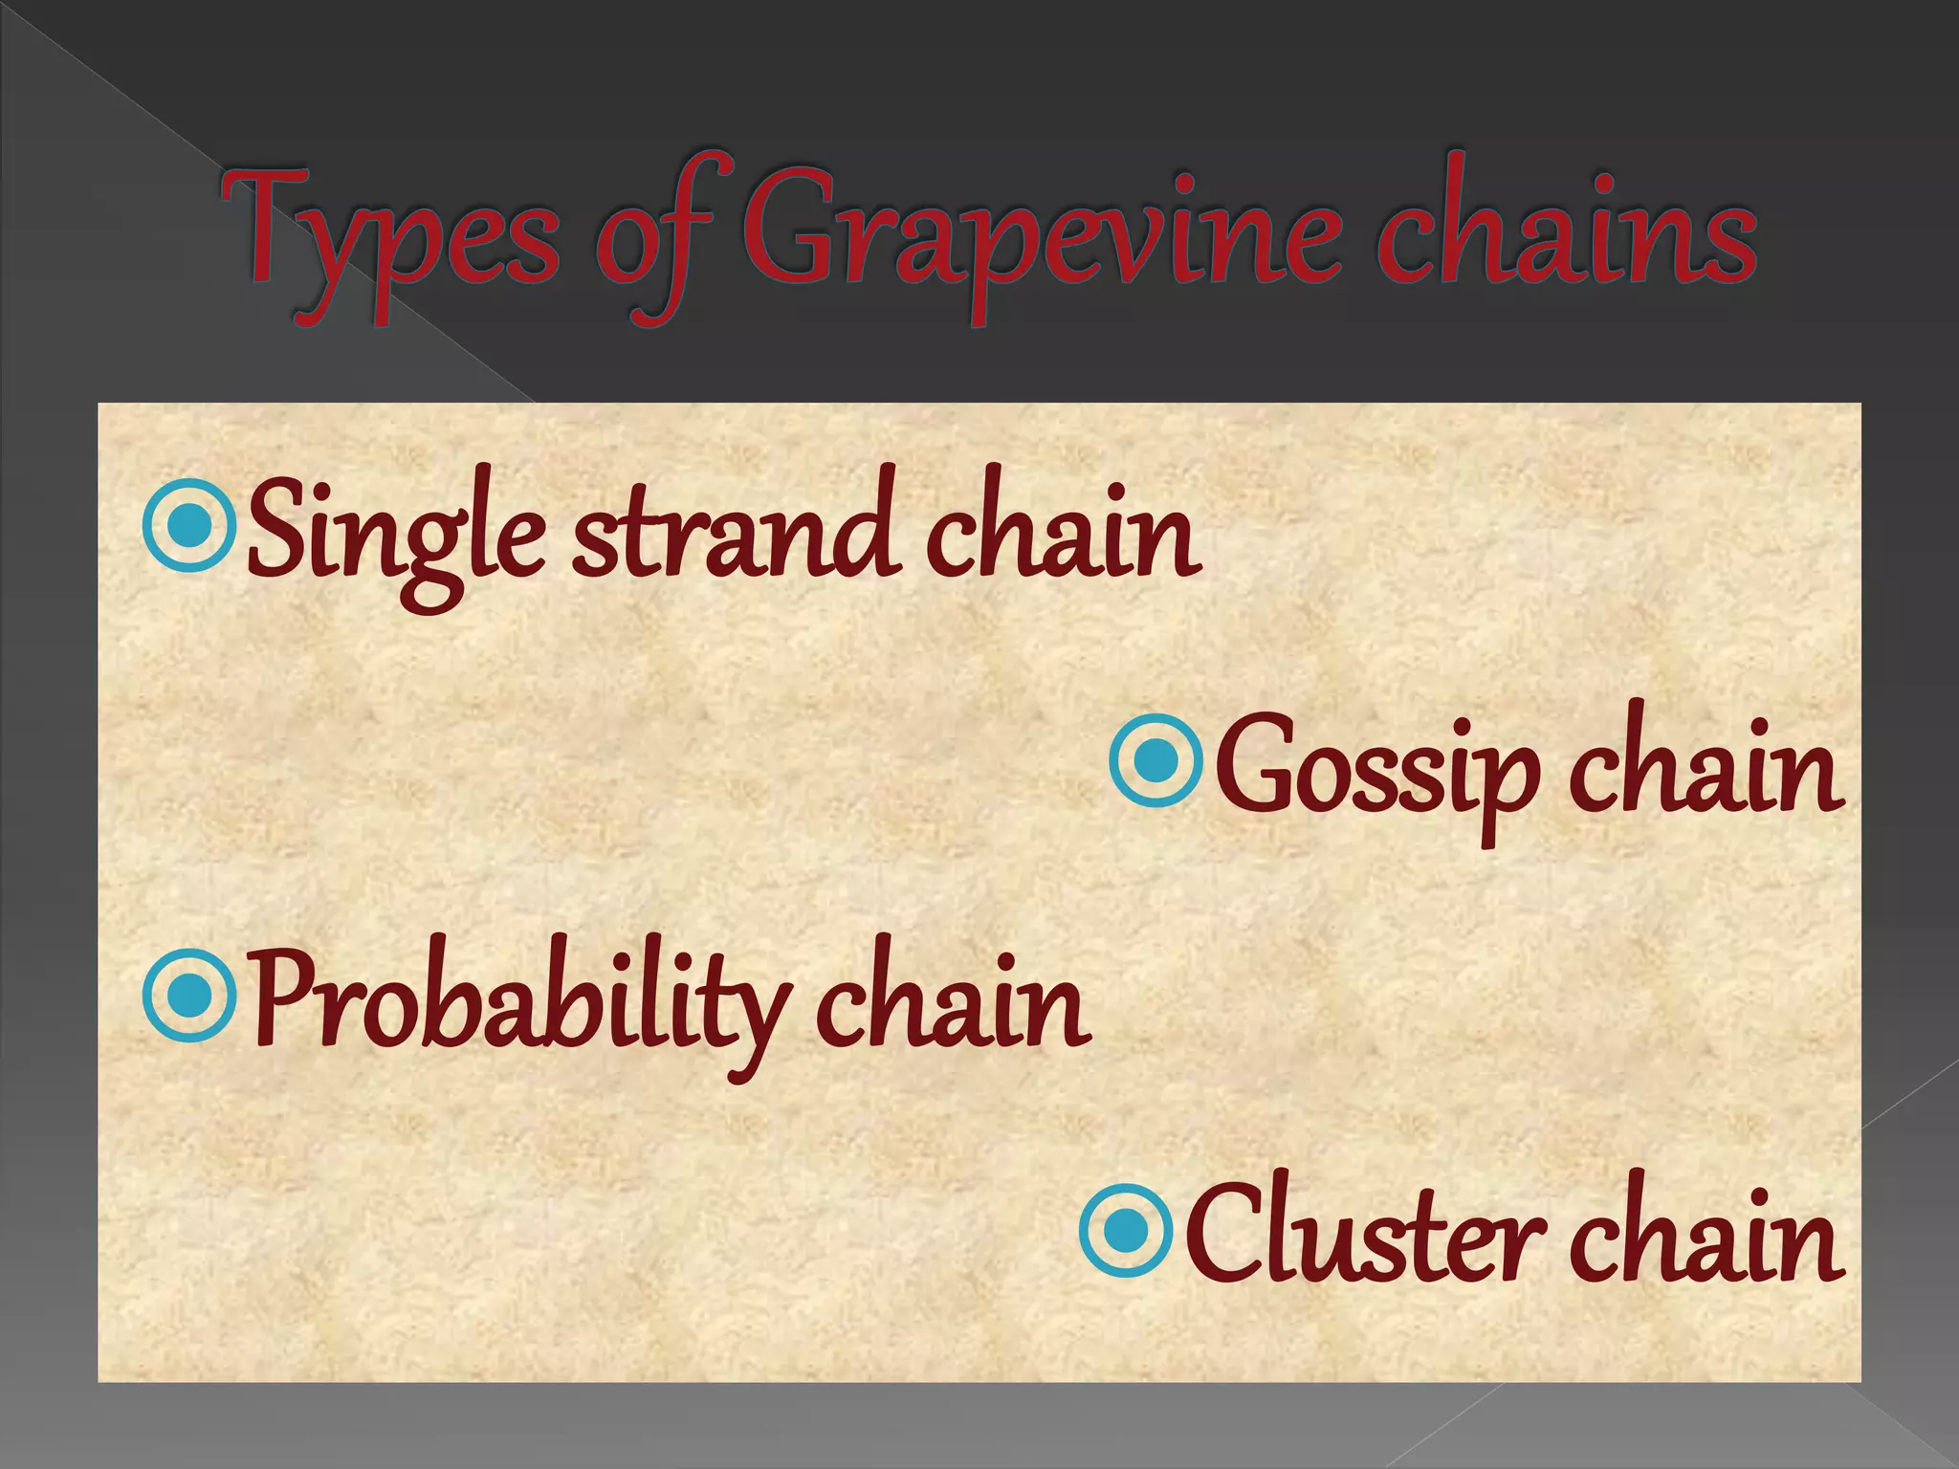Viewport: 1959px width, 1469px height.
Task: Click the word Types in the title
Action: point(388,234)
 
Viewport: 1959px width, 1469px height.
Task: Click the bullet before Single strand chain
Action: point(188,525)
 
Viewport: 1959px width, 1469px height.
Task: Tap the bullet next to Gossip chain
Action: point(1156,761)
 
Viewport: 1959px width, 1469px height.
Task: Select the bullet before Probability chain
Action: point(188,996)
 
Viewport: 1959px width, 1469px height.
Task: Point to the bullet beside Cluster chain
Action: point(1127,1231)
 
